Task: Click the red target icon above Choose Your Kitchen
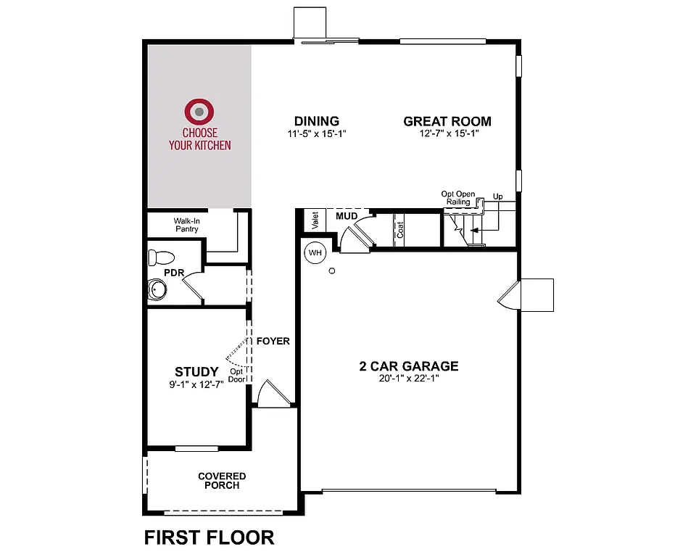click(199, 112)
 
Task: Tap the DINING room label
click(316, 121)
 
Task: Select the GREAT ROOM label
click(447, 121)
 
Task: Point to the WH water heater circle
click(315, 253)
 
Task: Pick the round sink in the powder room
click(157, 290)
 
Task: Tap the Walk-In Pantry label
click(186, 225)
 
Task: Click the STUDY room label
click(196, 372)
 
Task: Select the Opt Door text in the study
click(236, 375)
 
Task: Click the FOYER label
click(273, 341)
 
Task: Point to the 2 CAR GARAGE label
click(409, 366)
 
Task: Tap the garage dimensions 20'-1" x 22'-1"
click(409, 379)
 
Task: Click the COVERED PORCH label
click(222, 481)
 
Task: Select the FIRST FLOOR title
click(210, 537)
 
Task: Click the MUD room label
click(345, 215)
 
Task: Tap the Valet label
click(315, 220)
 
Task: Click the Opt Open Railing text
click(458, 198)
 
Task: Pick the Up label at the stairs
click(497, 197)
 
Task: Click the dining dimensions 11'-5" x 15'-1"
click(316, 133)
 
